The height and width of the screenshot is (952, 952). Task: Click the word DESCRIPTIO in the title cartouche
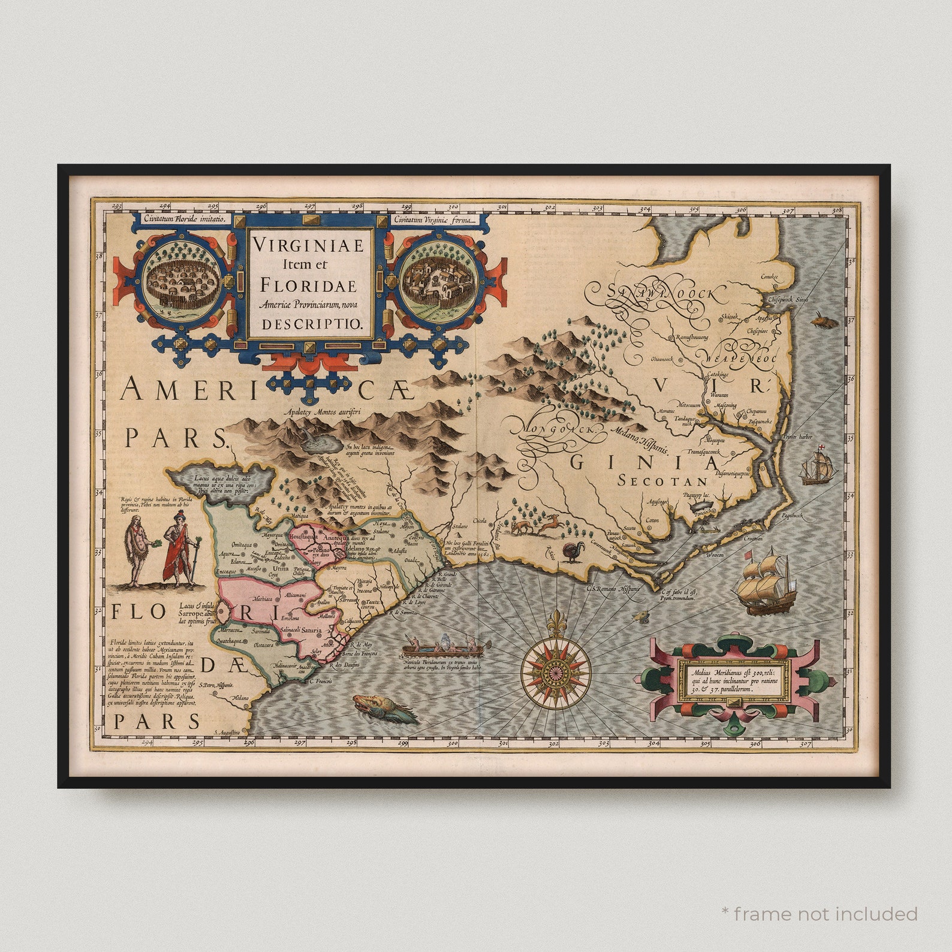(311, 324)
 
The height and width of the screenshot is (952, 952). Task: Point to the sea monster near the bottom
(382, 710)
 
